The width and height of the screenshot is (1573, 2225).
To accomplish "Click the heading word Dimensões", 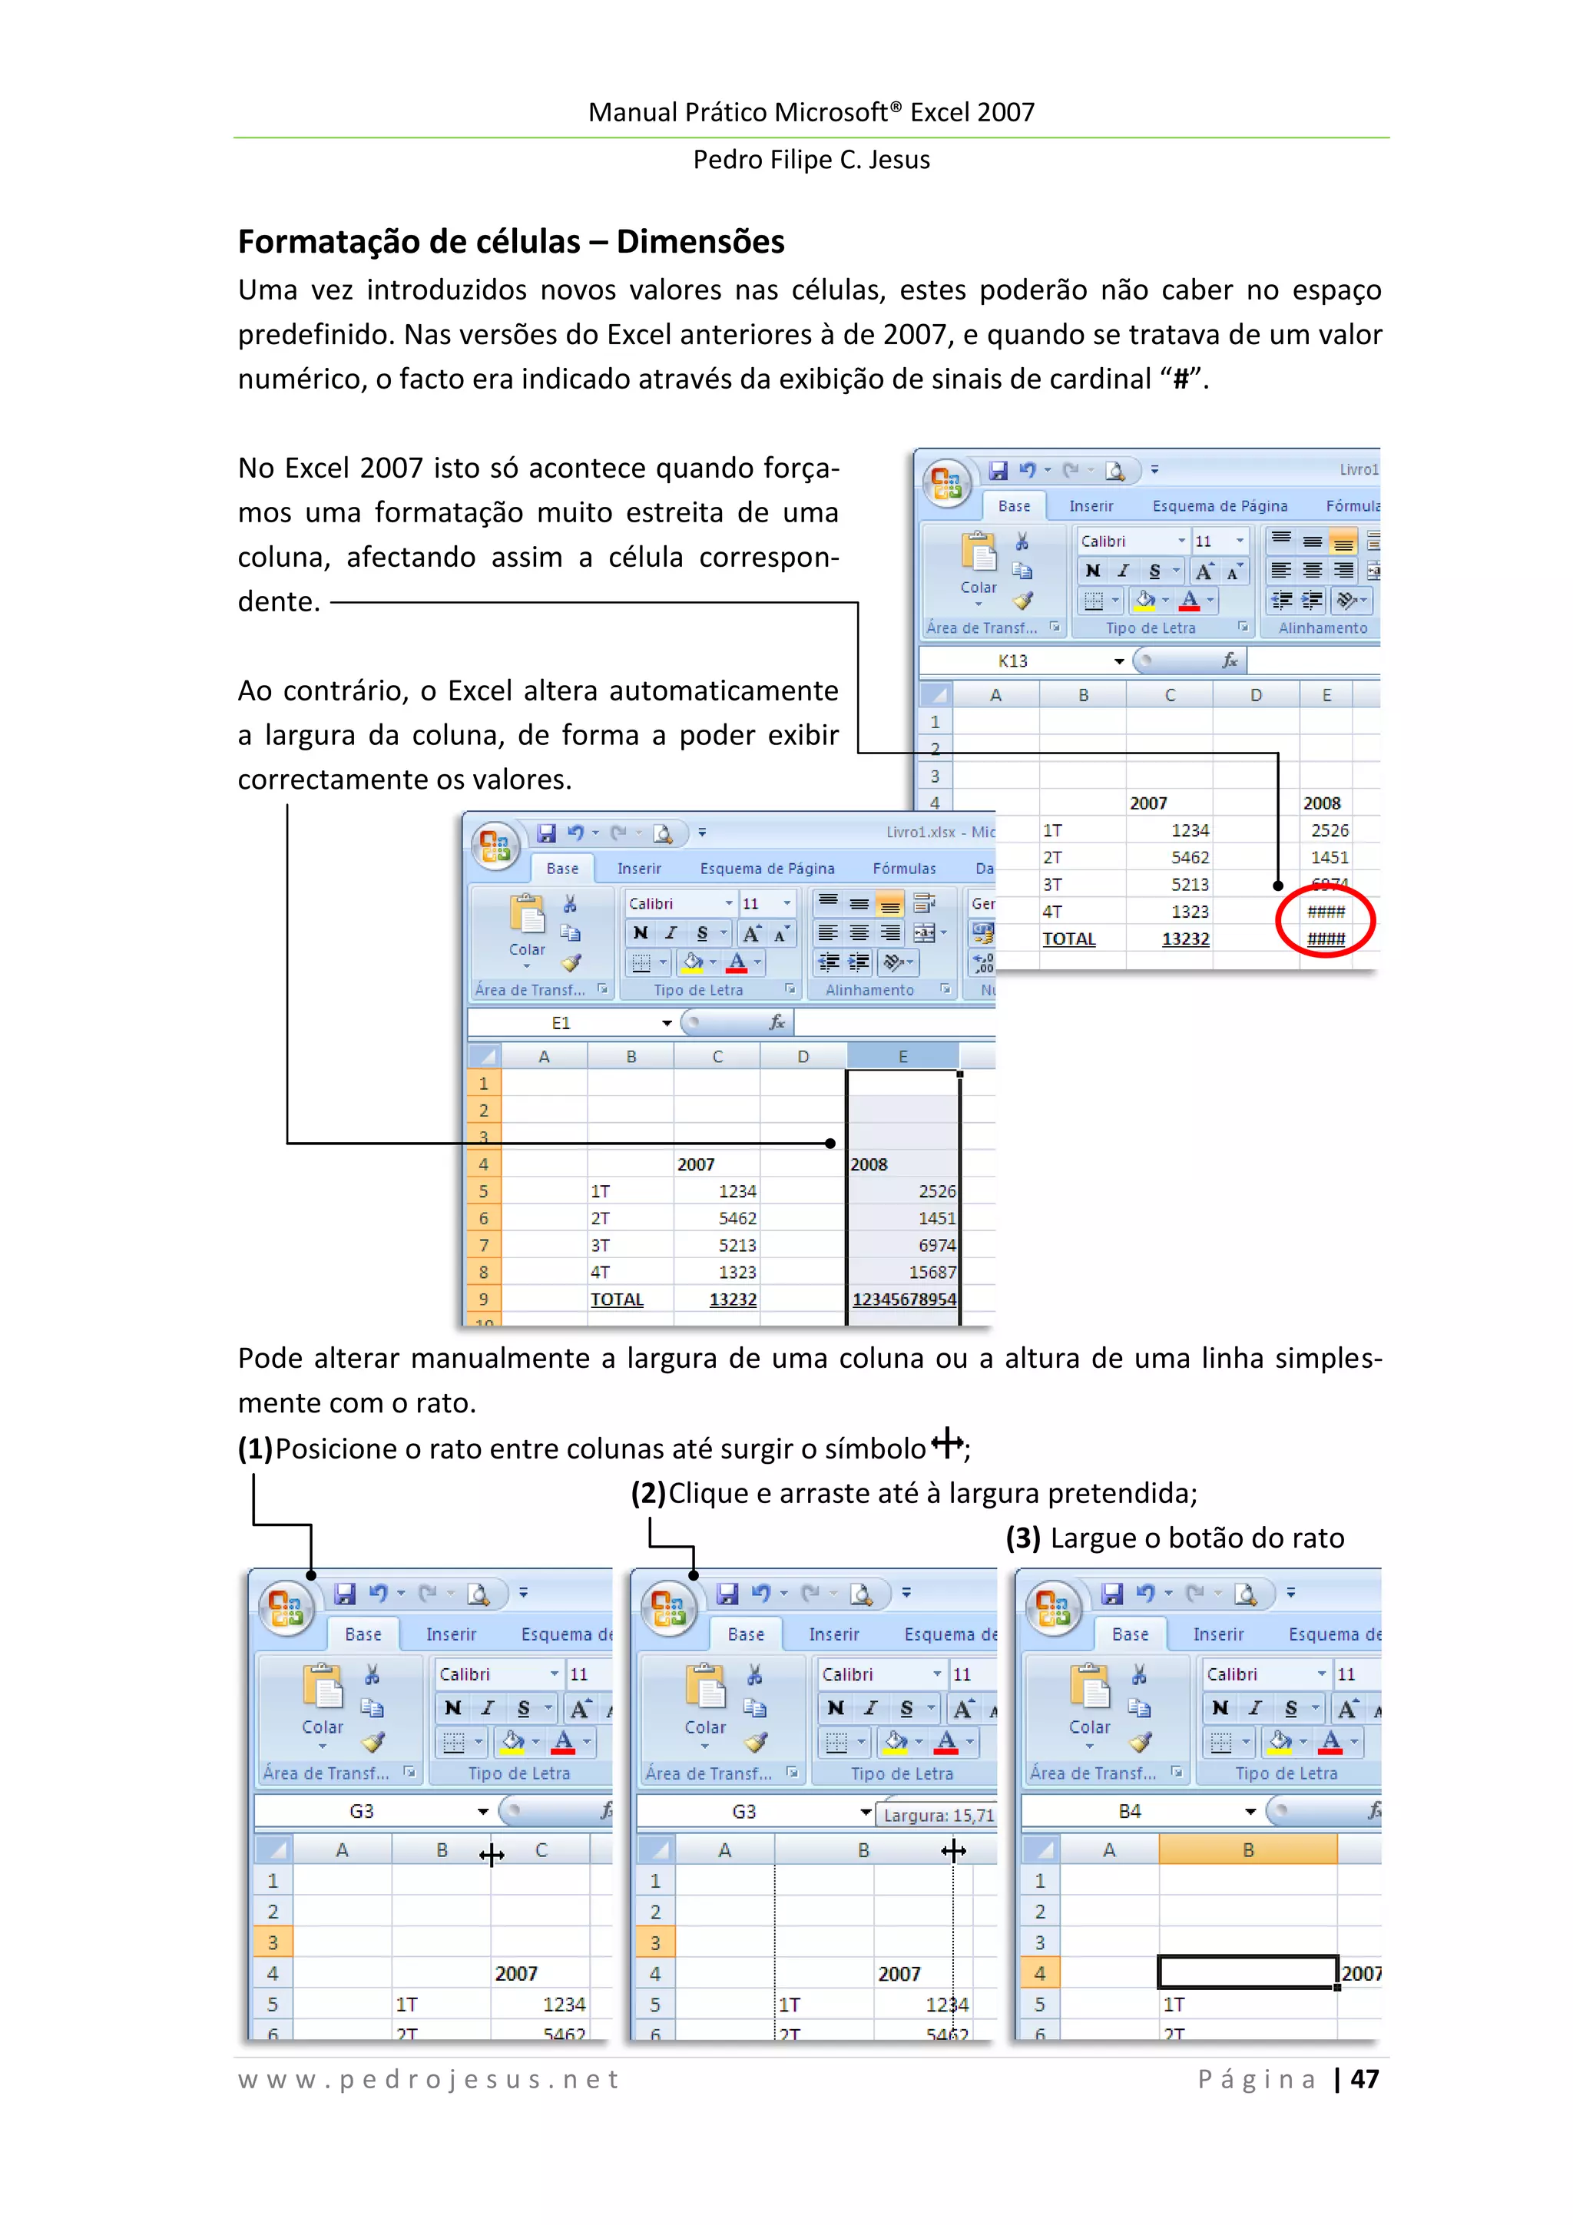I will coord(700,241).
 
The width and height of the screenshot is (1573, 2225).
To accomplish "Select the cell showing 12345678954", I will coord(903,1300).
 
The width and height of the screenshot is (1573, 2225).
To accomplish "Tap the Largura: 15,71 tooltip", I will coord(938,1815).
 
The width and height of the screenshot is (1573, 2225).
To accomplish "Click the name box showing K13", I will coord(1013,661).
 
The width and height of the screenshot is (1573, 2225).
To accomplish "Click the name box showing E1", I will coord(561,1023).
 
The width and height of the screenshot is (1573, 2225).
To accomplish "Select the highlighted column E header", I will coord(902,1056).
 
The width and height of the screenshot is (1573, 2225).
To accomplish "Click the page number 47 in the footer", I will coord(1365,2078).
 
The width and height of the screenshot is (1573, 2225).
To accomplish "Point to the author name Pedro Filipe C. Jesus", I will coord(810,160).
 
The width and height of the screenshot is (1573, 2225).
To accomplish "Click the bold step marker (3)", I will coord(1022,1538).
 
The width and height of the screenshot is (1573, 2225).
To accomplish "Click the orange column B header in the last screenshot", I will coord(1247,1850).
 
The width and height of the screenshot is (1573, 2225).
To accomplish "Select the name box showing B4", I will coord(1129,1811).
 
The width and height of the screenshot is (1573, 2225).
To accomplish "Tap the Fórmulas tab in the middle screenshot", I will coord(903,869).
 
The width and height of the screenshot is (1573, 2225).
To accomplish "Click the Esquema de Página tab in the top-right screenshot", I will coord(1219,506).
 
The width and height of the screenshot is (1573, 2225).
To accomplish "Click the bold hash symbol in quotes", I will coord(1181,379).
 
